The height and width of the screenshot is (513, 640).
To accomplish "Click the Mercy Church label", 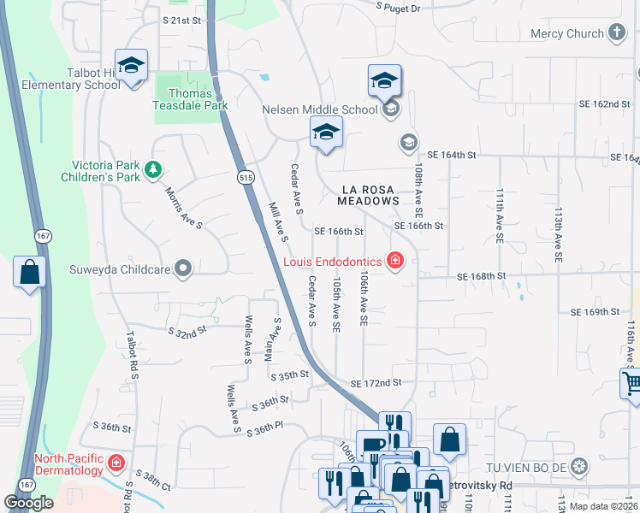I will (x=566, y=34).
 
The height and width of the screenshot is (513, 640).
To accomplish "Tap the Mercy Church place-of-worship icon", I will (x=617, y=34).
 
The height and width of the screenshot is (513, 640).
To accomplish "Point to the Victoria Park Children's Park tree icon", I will (x=153, y=169).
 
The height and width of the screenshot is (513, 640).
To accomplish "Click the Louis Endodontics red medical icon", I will (x=395, y=261).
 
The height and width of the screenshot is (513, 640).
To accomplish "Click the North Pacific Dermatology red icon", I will (x=117, y=464).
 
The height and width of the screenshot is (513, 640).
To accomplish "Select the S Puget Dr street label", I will (x=399, y=8).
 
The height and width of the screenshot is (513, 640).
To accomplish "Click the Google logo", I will (x=29, y=503).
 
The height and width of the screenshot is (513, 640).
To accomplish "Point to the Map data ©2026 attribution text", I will (x=602, y=506).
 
